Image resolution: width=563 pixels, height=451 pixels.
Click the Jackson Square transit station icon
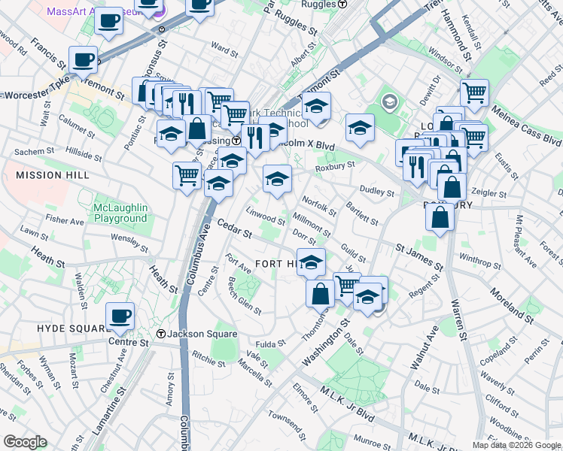tap(160, 334)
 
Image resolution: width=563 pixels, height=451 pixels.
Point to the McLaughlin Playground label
tap(120, 213)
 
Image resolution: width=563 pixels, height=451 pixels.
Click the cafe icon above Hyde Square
tap(120, 315)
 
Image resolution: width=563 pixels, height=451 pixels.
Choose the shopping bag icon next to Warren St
tap(440, 217)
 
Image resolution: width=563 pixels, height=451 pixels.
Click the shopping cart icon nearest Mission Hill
tap(187, 176)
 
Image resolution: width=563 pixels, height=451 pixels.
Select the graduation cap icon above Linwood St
tap(277, 179)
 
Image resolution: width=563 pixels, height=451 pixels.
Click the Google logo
tap(25, 442)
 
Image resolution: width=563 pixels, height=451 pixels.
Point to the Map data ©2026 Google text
tap(516, 445)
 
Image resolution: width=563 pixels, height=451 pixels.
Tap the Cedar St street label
tap(233, 229)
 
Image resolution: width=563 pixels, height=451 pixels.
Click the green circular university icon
tap(389, 101)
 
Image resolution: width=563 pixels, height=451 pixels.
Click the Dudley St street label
tap(376, 192)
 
